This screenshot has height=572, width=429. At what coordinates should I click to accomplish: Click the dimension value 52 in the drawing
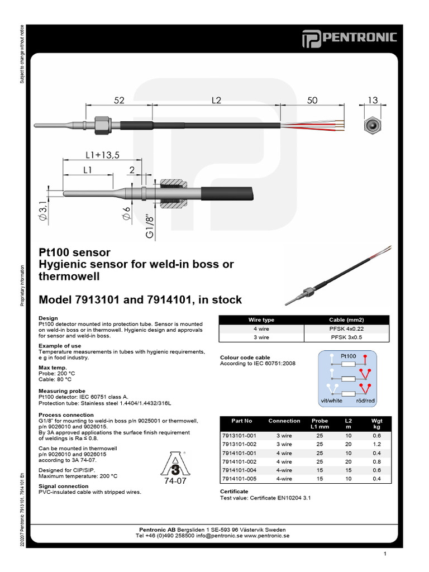pos(119,100)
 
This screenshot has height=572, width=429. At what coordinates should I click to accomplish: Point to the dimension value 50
pos(312,100)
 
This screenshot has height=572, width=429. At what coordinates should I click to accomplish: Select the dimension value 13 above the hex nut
pos(373,100)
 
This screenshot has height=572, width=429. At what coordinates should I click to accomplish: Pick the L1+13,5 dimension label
pos(103,155)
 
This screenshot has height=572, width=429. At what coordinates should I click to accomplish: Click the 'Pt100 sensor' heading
pos(74,252)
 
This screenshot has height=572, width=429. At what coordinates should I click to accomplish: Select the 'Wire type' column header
pos(261,320)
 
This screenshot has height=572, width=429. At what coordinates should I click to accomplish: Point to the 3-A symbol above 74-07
pos(172,461)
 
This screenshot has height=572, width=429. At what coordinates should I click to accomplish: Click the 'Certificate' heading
pos(235,491)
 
